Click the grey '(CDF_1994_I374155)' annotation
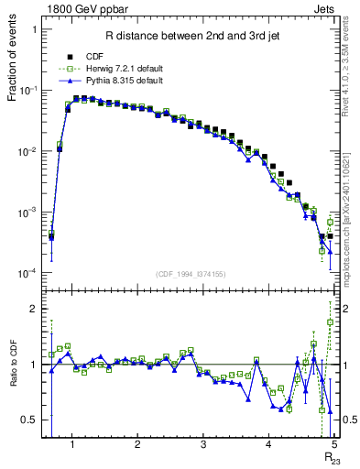click(x=191, y=273)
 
